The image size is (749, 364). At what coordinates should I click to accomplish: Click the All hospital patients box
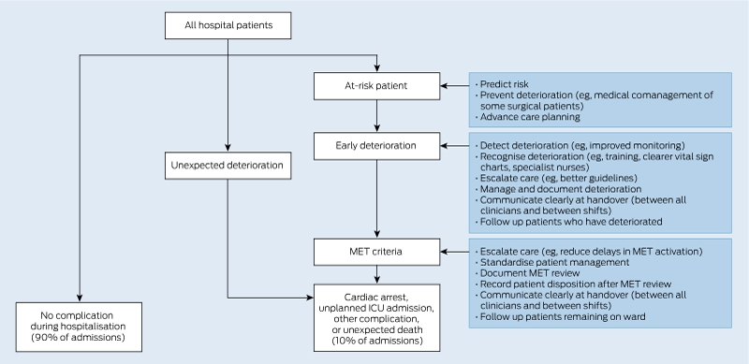click(228, 25)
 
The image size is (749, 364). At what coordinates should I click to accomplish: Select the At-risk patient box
click(377, 86)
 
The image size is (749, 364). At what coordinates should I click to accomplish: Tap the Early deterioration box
click(377, 146)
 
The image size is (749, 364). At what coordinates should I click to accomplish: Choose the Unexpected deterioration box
click(228, 166)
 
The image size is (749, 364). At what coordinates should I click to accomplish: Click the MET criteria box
click(377, 252)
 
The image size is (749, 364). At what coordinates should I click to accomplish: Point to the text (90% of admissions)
click(79, 338)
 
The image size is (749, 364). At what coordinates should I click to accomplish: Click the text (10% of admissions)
click(377, 341)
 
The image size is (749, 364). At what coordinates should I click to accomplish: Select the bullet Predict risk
click(502, 84)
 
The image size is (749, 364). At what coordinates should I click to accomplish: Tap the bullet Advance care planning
click(528, 117)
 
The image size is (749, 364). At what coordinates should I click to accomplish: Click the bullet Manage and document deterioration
click(558, 189)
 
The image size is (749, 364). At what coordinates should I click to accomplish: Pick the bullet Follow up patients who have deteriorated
click(569, 222)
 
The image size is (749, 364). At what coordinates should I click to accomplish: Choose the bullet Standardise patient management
click(552, 262)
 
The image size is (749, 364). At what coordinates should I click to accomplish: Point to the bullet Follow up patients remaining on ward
click(560, 316)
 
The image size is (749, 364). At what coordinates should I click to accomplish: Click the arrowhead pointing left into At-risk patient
click(444, 86)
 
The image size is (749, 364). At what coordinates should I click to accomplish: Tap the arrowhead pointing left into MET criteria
click(444, 252)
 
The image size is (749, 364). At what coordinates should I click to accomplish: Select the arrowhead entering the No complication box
click(80, 298)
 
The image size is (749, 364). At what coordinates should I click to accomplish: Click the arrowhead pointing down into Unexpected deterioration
click(228, 148)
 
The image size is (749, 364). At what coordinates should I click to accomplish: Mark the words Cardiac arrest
click(377, 298)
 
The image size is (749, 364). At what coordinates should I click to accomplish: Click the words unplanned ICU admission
click(377, 308)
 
